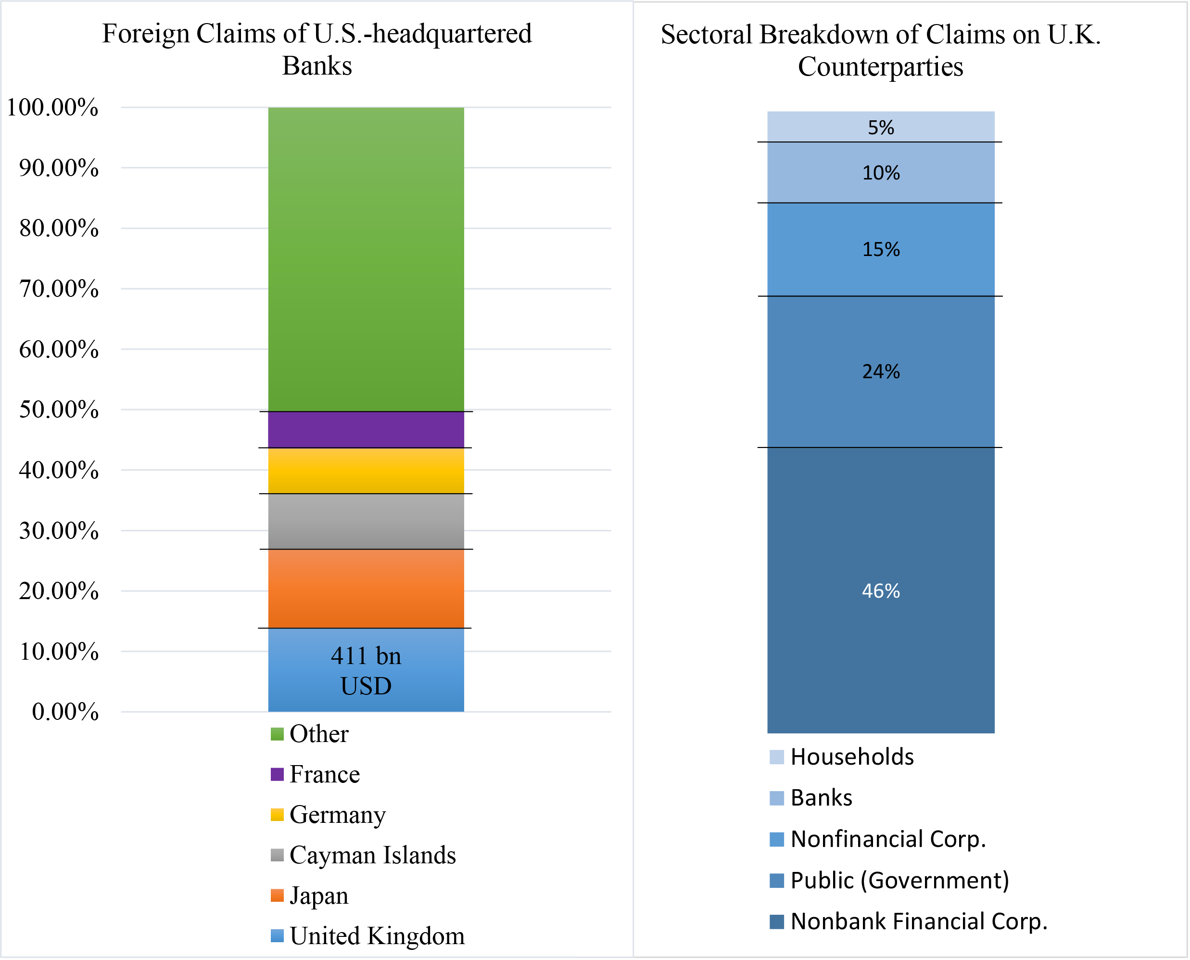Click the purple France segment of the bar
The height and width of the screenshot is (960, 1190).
coord(366,430)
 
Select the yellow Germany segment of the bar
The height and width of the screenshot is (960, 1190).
coord(366,471)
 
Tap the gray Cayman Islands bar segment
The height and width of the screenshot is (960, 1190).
coord(366,521)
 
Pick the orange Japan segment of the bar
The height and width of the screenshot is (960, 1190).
coord(366,589)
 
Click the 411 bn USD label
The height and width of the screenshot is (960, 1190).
coord(366,671)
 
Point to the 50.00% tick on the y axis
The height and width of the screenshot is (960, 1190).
coord(59,410)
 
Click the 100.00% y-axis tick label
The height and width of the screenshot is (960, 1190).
coord(52,107)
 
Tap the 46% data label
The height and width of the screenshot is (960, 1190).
coord(881,591)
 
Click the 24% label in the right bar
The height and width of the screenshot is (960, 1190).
coord(881,371)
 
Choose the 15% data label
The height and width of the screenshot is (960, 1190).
coord(881,249)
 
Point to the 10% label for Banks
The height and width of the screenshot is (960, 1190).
coord(881,173)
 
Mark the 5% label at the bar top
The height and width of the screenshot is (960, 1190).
coord(881,128)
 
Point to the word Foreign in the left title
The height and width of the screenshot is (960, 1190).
coord(145,34)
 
